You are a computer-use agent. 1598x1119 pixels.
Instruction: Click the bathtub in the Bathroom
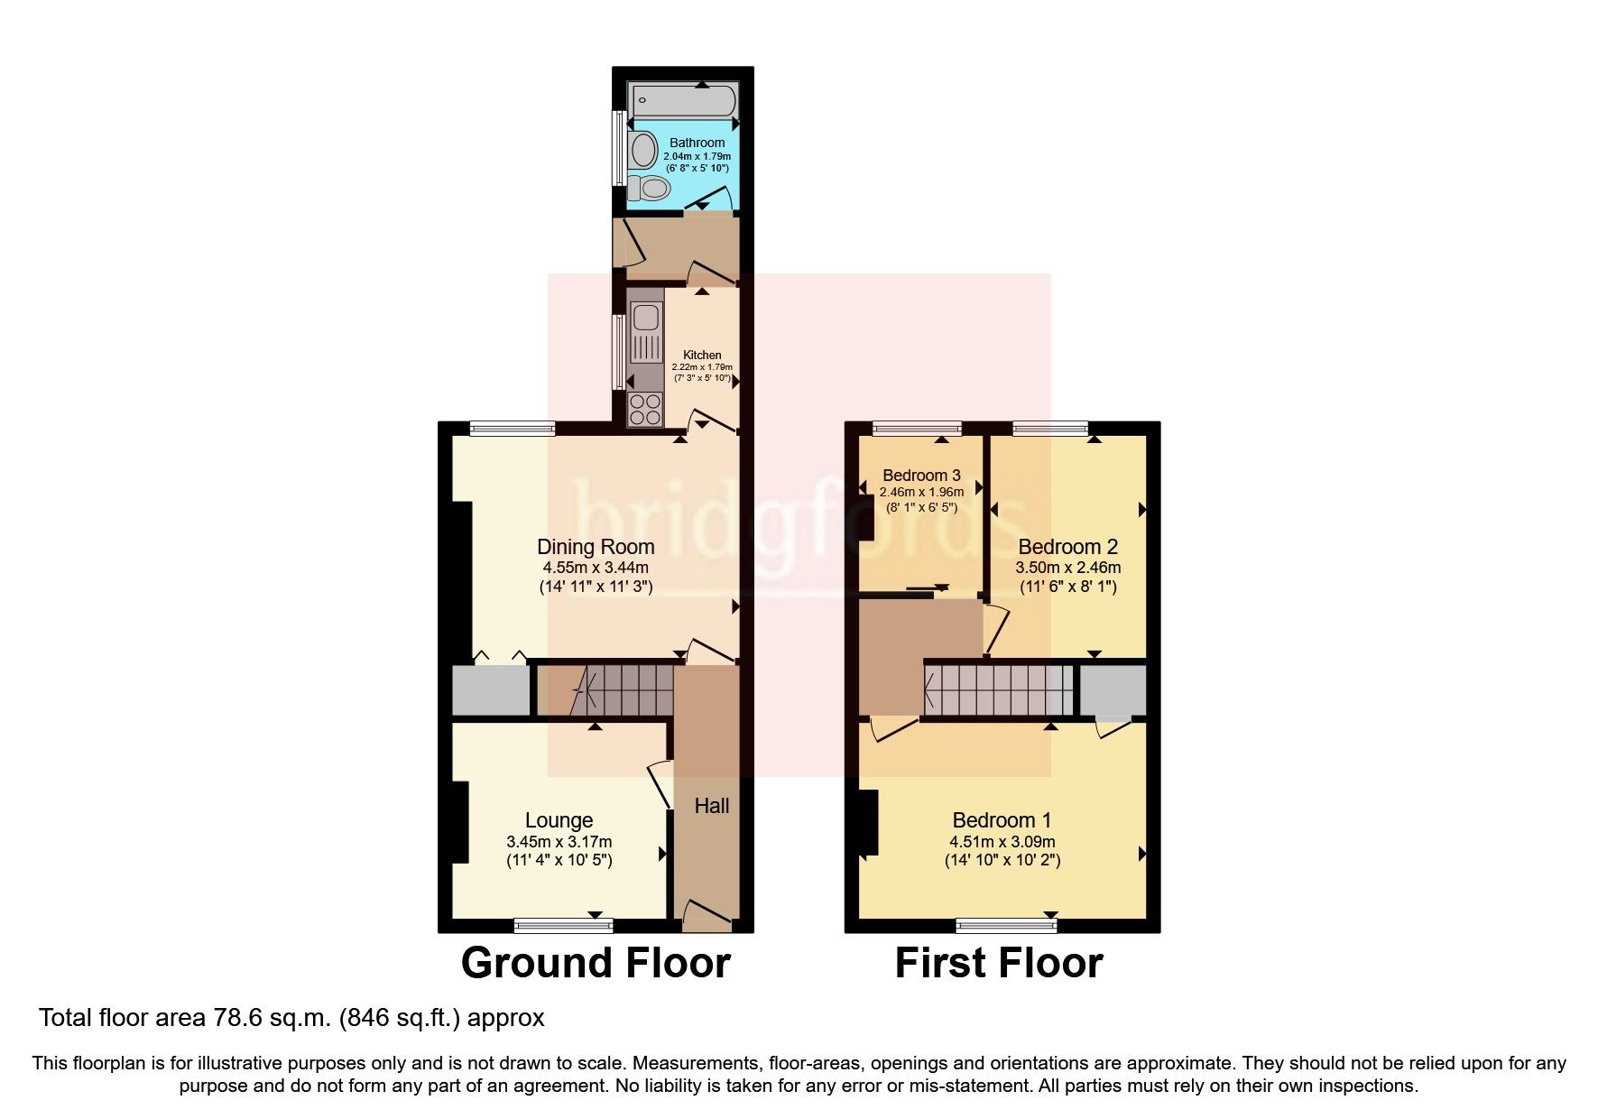(683, 99)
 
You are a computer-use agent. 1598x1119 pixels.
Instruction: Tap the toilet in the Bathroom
(650, 189)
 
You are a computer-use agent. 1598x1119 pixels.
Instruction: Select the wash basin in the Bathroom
(643, 149)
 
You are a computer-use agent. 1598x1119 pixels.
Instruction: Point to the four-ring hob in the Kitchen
(645, 410)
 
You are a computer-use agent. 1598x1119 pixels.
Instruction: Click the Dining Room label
(596, 546)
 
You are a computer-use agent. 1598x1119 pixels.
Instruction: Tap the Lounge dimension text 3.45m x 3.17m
(559, 841)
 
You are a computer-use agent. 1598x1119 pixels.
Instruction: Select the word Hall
(711, 806)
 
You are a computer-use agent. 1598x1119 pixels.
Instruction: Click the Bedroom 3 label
(921, 475)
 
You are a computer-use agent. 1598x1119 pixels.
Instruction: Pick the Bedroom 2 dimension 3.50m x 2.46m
(1067, 568)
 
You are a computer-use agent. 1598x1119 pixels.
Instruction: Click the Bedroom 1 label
(1002, 819)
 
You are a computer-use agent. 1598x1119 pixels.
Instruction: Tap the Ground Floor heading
(595, 963)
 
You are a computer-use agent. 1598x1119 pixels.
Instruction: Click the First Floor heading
(998, 963)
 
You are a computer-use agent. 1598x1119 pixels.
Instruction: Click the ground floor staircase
(623, 690)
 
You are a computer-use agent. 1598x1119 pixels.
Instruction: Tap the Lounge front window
(563, 925)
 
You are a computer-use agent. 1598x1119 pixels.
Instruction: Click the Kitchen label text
(702, 355)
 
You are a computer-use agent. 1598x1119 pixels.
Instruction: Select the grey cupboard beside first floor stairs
(1113, 690)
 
